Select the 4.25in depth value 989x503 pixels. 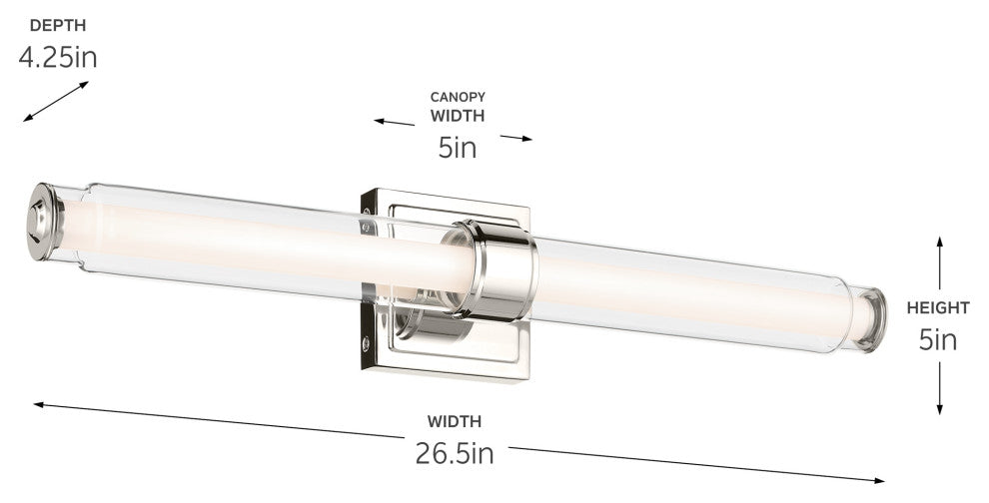pos(58,57)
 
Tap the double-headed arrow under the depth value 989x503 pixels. pos(56,102)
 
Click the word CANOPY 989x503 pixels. pos(458,97)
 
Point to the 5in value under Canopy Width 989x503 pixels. pos(457,148)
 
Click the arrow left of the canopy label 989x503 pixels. pos(394,122)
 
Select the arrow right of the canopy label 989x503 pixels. pos(515,137)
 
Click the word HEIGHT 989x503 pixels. pos(938,308)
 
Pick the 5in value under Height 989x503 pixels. pos(938,340)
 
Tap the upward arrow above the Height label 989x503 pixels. pos(939,263)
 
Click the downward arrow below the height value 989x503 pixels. pos(939,387)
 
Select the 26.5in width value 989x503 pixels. pos(455,454)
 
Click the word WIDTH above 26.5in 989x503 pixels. pos(455,421)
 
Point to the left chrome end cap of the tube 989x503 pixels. pos(45,222)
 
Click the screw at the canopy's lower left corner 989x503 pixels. pos(366,343)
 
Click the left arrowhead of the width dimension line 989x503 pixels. pos(38,404)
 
